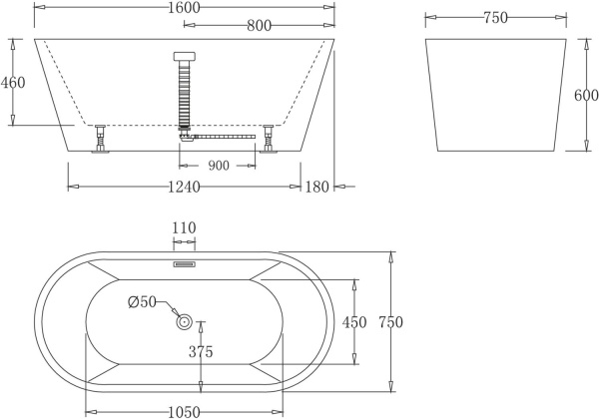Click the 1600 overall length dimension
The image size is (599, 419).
click(185, 8)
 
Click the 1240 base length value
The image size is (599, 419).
click(185, 188)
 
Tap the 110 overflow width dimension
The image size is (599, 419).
click(184, 227)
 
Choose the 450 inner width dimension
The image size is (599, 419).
click(354, 321)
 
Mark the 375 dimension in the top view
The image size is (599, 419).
click(203, 350)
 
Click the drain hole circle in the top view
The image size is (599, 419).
click(184, 321)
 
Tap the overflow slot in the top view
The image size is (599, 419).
click(184, 265)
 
